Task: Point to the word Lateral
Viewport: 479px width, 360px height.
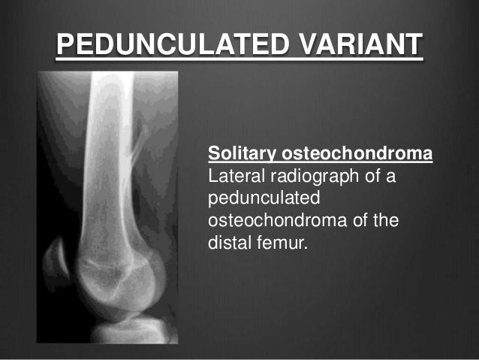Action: [x=230, y=178]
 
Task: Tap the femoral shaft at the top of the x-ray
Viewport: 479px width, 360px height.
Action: [x=112, y=105]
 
